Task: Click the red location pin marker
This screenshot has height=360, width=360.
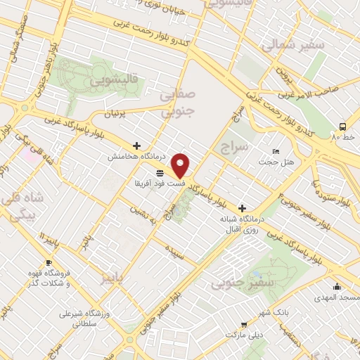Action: [x=181, y=165]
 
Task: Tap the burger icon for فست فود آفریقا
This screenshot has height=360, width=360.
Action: [x=160, y=172]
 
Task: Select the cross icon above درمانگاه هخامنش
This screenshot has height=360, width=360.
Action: [x=136, y=146]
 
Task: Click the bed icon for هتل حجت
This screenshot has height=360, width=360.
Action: [x=276, y=152]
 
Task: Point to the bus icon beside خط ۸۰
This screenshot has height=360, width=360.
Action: [x=342, y=127]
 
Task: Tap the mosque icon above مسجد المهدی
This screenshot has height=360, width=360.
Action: [x=337, y=286]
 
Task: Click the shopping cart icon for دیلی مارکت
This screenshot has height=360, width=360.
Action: [x=243, y=324]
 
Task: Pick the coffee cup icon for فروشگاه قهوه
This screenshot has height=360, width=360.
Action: [x=49, y=263]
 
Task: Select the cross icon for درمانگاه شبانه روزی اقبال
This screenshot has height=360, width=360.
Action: [x=243, y=208]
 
